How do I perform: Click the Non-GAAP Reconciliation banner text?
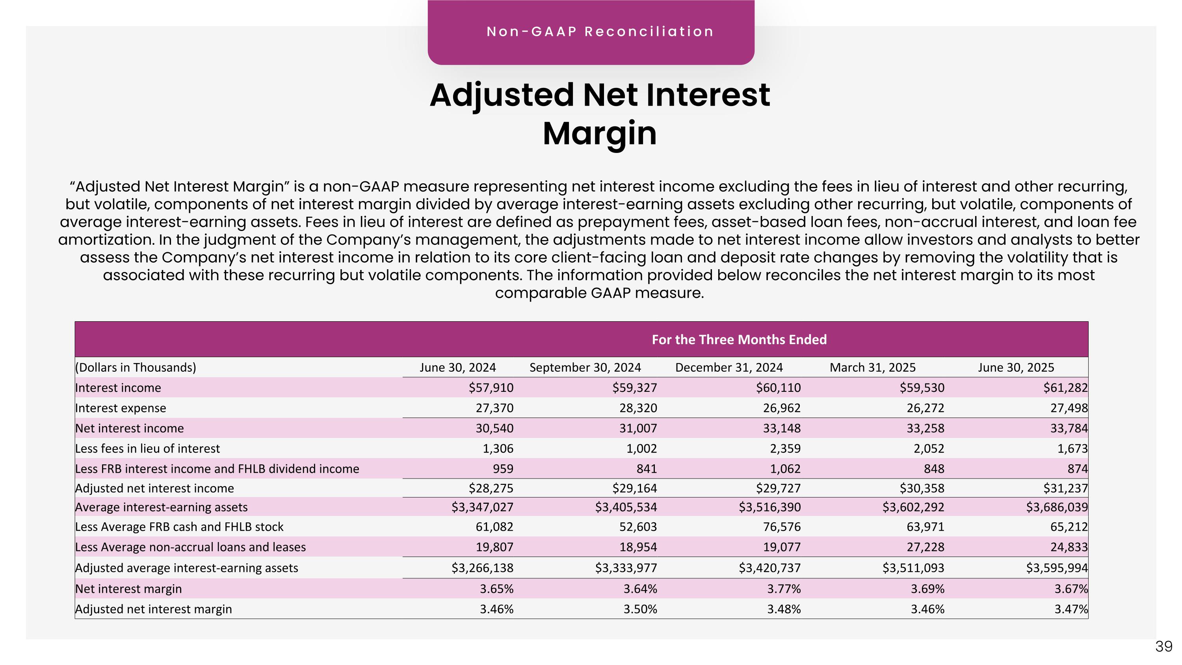click(x=600, y=32)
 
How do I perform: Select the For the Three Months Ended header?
click(x=739, y=340)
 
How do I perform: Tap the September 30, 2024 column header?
click(x=585, y=368)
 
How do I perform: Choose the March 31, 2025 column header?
click(x=872, y=368)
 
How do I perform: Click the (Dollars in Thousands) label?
click(x=136, y=368)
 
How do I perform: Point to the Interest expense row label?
click(x=121, y=408)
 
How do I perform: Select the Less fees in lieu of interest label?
click(x=148, y=448)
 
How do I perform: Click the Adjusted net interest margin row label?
click(x=154, y=609)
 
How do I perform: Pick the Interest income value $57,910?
click(x=491, y=388)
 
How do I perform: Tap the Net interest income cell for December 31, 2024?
click(x=781, y=428)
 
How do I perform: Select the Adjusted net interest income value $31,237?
click(x=1065, y=488)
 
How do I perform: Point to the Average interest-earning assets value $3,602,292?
click(x=913, y=507)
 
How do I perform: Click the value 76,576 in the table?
click(x=781, y=527)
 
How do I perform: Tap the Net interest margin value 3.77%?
click(x=784, y=589)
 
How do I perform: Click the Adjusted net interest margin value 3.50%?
click(x=640, y=609)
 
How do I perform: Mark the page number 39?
click(x=1163, y=646)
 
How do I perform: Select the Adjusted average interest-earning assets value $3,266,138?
click(x=482, y=568)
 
